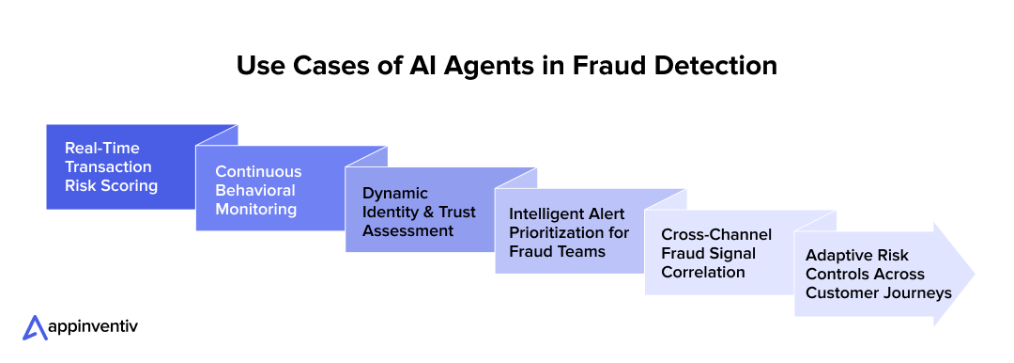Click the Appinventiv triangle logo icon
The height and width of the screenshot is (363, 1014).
(35, 327)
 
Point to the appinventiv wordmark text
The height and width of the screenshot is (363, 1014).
(94, 326)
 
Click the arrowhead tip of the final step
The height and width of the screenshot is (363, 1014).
(971, 274)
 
